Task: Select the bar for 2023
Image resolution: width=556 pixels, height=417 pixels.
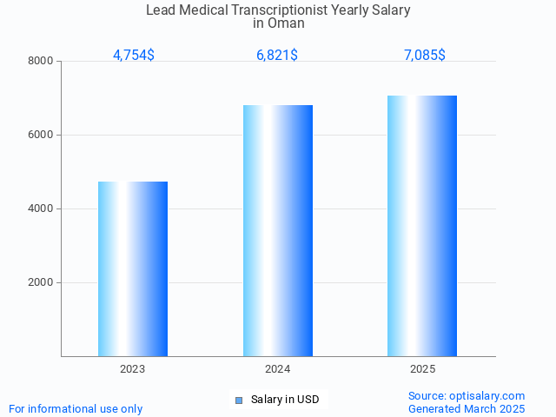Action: [x=133, y=269]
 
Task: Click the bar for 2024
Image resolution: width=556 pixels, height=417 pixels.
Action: [x=278, y=231]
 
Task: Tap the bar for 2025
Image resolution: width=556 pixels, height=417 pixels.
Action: [x=422, y=226]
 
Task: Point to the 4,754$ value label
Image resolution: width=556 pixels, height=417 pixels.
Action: [x=134, y=55]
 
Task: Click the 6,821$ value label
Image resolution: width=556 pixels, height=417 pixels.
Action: [x=277, y=55]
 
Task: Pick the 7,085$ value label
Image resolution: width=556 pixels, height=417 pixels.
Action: [x=424, y=55]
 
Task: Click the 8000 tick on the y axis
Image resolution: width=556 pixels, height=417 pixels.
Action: [x=40, y=61]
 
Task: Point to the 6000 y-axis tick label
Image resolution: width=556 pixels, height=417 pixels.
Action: [x=40, y=135]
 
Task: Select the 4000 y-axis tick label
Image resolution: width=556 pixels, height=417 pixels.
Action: [x=40, y=208]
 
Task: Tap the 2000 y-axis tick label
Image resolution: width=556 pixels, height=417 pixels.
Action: [x=40, y=282]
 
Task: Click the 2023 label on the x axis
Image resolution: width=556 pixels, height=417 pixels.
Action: [x=133, y=369]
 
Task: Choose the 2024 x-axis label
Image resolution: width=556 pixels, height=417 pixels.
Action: [x=278, y=369]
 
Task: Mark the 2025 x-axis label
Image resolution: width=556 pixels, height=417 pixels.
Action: [x=422, y=369]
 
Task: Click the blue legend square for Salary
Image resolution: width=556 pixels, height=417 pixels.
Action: [x=239, y=400]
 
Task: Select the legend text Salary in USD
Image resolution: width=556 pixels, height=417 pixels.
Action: [x=285, y=400]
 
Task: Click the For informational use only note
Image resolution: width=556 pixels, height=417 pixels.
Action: [x=76, y=408]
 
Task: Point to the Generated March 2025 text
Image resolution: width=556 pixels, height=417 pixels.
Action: [x=467, y=408]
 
